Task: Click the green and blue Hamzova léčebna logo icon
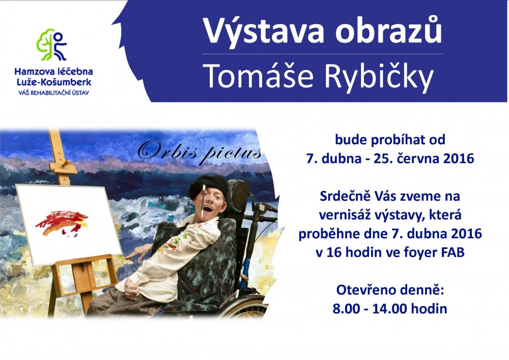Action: pyautogui.click(x=51, y=45)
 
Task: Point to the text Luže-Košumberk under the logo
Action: pyautogui.click(x=54, y=82)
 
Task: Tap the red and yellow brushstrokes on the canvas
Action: pyautogui.click(x=62, y=223)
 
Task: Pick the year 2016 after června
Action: pyautogui.click(x=458, y=158)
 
